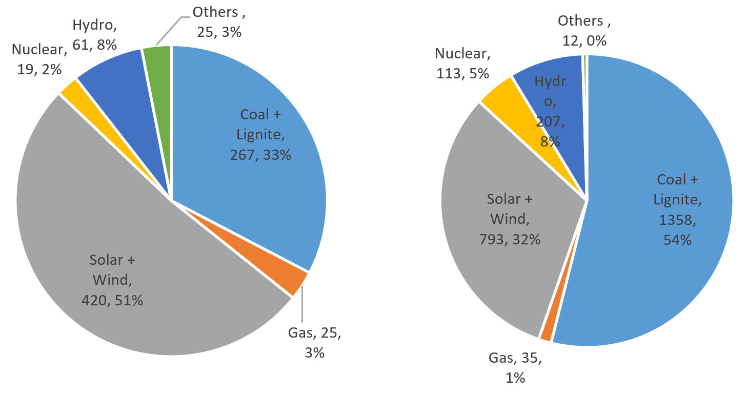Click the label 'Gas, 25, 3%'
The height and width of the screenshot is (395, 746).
click(x=314, y=343)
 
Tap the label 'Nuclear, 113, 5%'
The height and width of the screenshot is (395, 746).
click(x=462, y=63)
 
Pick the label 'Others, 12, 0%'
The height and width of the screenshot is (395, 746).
click(x=581, y=30)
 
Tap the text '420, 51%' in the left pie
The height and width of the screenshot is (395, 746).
click(x=112, y=300)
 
